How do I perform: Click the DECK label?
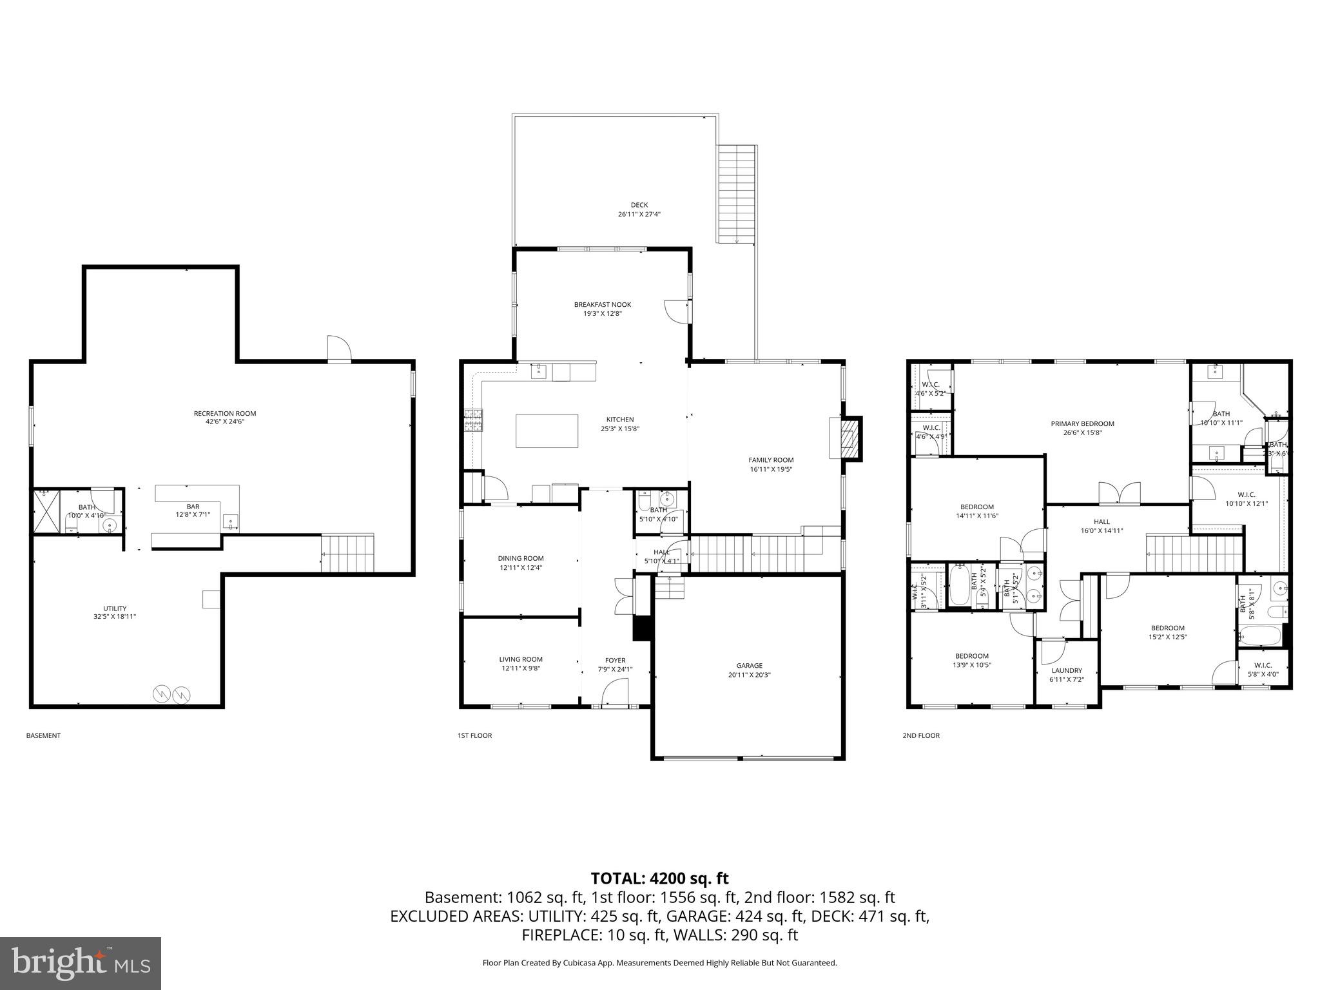pyautogui.click(x=639, y=205)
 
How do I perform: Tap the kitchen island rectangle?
pyautogui.click(x=547, y=431)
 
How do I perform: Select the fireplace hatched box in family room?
pyautogui.click(x=851, y=439)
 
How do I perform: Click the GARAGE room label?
pyautogui.click(x=749, y=666)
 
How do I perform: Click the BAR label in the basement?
pyautogui.click(x=193, y=507)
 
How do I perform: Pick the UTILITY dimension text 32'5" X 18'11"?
pyautogui.click(x=115, y=617)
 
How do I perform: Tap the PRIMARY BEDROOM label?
pyautogui.click(x=1082, y=423)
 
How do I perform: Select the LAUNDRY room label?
pyautogui.click(x=1067, y=670)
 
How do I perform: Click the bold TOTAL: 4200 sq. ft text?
pyautogui.click(x=659, y=878)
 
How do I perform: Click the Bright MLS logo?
pyautogui.click(x=81, y=963)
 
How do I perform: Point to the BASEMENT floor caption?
pyautogui.click(x=43, y=735)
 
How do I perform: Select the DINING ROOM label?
pyautogui.click(x=520, y=558)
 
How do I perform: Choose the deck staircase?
pyautogui.click(x=736, y=193)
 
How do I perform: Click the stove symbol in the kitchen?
pyautogui.click(x=472, y=420)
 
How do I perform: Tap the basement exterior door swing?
pyautogui.click(x=338, y=349)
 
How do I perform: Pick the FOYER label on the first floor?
pyautogui.click(x=615, y=660)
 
